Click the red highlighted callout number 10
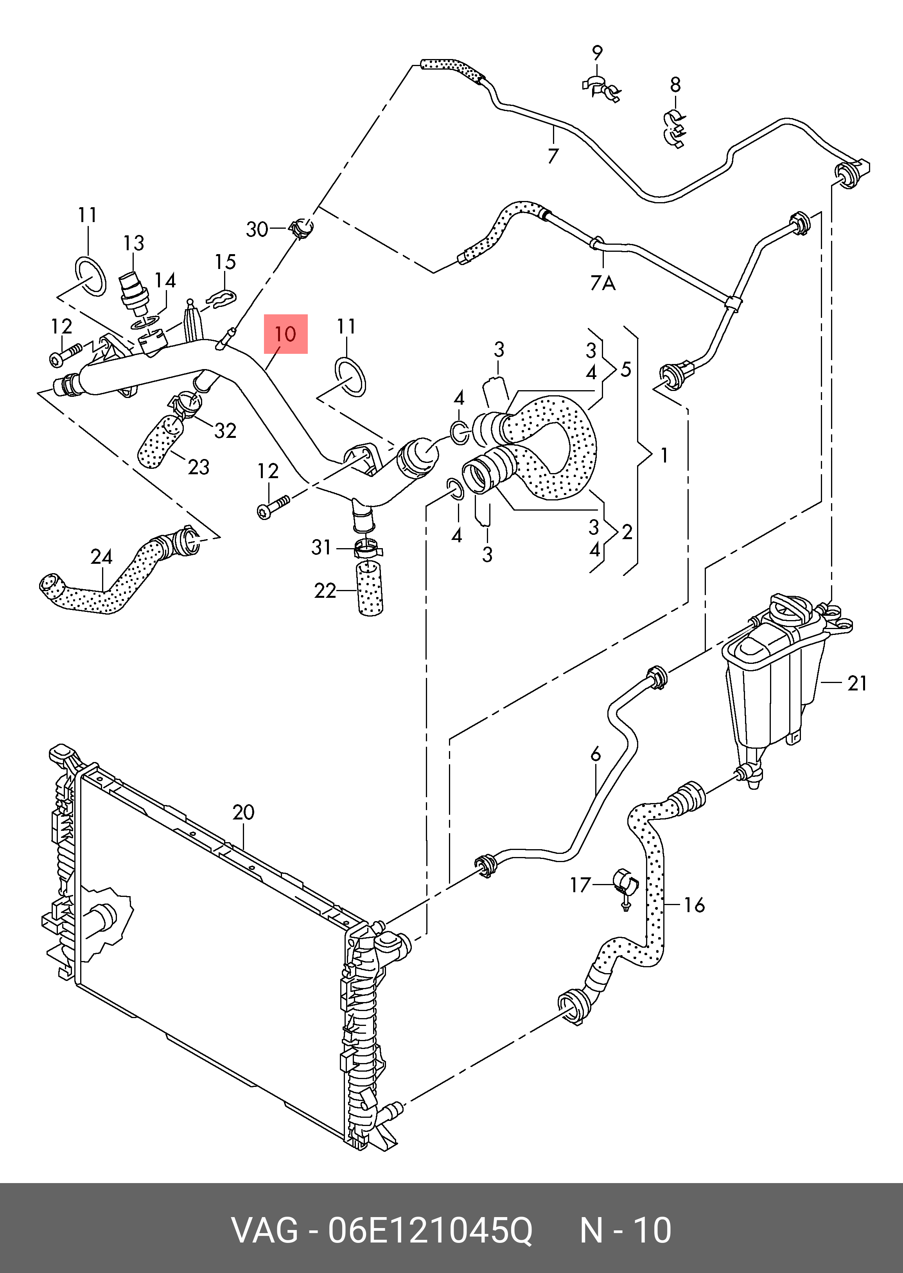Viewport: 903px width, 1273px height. [x=285, y=334]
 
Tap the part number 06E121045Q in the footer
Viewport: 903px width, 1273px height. [x=429, y=1231]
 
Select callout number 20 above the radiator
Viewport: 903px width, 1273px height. [x=244, y=813]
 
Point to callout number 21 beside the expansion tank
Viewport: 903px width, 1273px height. [x=857, y=683]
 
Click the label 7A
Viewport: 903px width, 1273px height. [x=603, y=283]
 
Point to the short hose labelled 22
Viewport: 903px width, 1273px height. [x=369, y=588]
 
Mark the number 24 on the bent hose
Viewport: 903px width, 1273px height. [x=101, y=556]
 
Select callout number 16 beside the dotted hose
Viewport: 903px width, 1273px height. [x=694, y=905]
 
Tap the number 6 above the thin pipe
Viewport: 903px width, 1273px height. [x=596, y=754]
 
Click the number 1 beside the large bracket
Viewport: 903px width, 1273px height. [x=664, y=456]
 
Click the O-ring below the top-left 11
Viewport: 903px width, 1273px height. [x=90, y=276]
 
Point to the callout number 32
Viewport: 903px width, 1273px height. [x=225, y=430]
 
